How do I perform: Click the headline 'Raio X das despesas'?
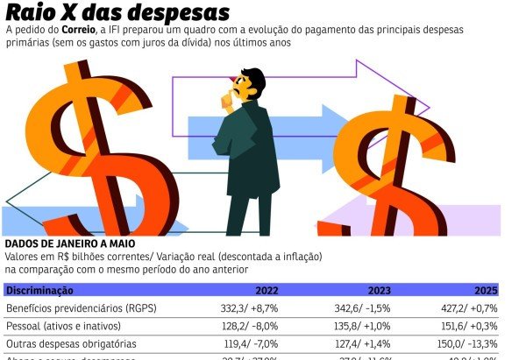coord(118,12)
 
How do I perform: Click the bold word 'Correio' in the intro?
coord(91,30)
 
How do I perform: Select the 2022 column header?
coord(267,291)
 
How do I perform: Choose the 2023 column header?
coord(378,291)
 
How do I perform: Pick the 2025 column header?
coord(486,291)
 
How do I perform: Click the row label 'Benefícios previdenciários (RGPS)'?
coord(80,309)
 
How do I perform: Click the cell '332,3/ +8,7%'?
coord(250,309)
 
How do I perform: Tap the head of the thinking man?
coord(251,86)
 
